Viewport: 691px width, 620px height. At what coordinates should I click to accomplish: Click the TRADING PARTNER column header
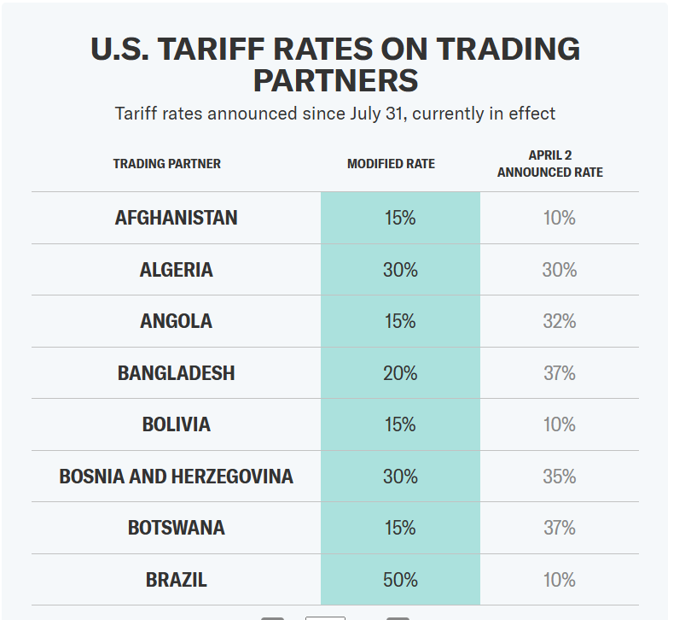tap(167, 164)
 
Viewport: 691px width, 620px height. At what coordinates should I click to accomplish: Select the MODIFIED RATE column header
tap(391, 164)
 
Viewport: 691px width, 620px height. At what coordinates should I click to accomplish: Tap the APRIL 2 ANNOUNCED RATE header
tap(550, 164)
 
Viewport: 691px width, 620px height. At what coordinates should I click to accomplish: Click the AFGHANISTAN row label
tap(176, 218)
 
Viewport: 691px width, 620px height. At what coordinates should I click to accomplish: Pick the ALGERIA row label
tap(176, 270)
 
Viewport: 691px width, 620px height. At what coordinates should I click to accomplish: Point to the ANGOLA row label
tap(176, 321)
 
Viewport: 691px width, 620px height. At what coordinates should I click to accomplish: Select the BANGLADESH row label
tap(176, 373)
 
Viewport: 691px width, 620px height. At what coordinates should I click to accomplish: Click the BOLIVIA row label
tap(176, 424)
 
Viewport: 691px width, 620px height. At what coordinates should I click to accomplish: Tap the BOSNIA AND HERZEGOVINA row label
tap(176, 477)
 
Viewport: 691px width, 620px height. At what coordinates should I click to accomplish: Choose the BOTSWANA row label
tap(176, 528)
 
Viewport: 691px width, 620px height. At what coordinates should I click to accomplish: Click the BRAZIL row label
tap(176, 580)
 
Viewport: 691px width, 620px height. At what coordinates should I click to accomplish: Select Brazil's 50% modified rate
tap(400, 580)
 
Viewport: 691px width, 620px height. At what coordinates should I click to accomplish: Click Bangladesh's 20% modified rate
tap(400, 373)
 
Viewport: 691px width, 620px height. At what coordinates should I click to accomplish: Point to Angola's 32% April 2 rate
tap(560, 321)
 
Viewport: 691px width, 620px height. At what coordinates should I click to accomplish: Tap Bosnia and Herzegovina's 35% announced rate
tap(560, 477)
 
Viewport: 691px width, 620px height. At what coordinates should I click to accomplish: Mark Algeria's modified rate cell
tap(400, 270)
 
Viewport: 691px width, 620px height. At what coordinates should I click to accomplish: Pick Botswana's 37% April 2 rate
tap(560, 528)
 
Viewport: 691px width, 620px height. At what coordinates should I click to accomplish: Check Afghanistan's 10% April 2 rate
tap(560, 218)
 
